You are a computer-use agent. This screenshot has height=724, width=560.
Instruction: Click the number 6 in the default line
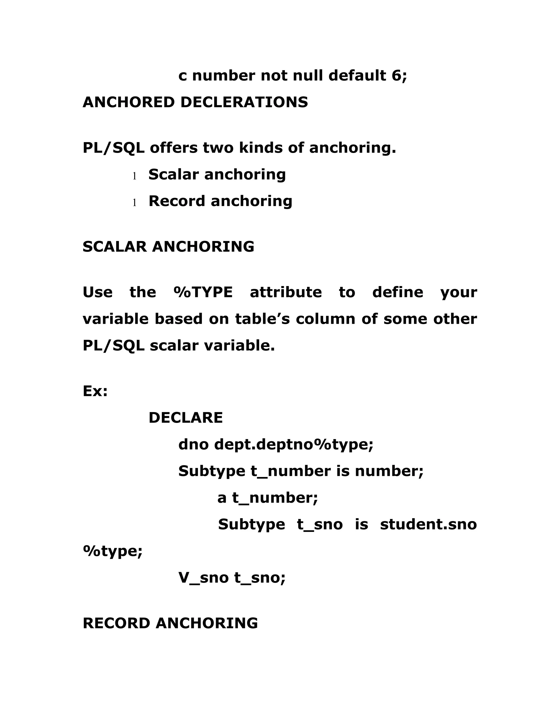pos(396,76)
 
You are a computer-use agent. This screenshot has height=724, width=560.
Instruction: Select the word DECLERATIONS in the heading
pos(244,102)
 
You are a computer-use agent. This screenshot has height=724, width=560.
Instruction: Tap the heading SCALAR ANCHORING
pos(168,247)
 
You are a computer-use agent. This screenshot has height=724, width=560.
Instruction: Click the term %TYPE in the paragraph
pos(203,292)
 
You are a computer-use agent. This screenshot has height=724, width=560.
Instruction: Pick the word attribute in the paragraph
pos(286,292)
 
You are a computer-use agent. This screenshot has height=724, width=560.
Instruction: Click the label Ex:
pos(95,391)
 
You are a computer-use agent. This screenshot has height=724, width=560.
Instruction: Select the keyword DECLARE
pos(185,418)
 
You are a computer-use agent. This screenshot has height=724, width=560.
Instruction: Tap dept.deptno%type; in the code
pos(294,445)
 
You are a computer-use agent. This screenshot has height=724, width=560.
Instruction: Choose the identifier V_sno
pos(203,578)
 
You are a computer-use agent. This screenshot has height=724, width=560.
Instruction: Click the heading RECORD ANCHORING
pos(170,623)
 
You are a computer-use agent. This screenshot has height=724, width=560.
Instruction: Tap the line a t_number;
pos(267,498)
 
